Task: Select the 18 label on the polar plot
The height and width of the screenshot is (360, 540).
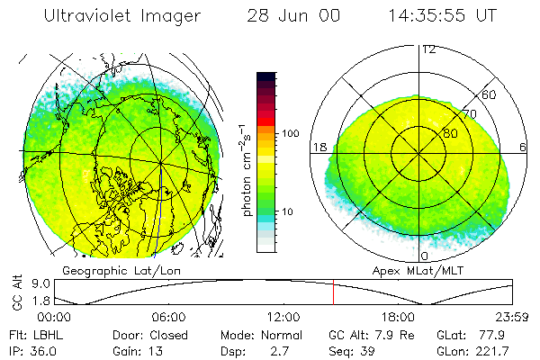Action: click(319, 147)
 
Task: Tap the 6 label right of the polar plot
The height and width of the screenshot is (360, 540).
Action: click(524, 147)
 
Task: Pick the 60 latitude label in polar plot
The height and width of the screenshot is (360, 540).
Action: click(490, 94)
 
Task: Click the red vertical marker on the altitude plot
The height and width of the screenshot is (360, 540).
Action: click(333, 292)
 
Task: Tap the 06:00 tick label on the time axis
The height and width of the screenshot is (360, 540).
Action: click(168, 317)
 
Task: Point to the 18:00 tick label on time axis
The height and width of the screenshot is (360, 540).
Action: click(399, 317)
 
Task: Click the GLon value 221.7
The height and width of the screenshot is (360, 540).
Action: click(493, 349)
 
